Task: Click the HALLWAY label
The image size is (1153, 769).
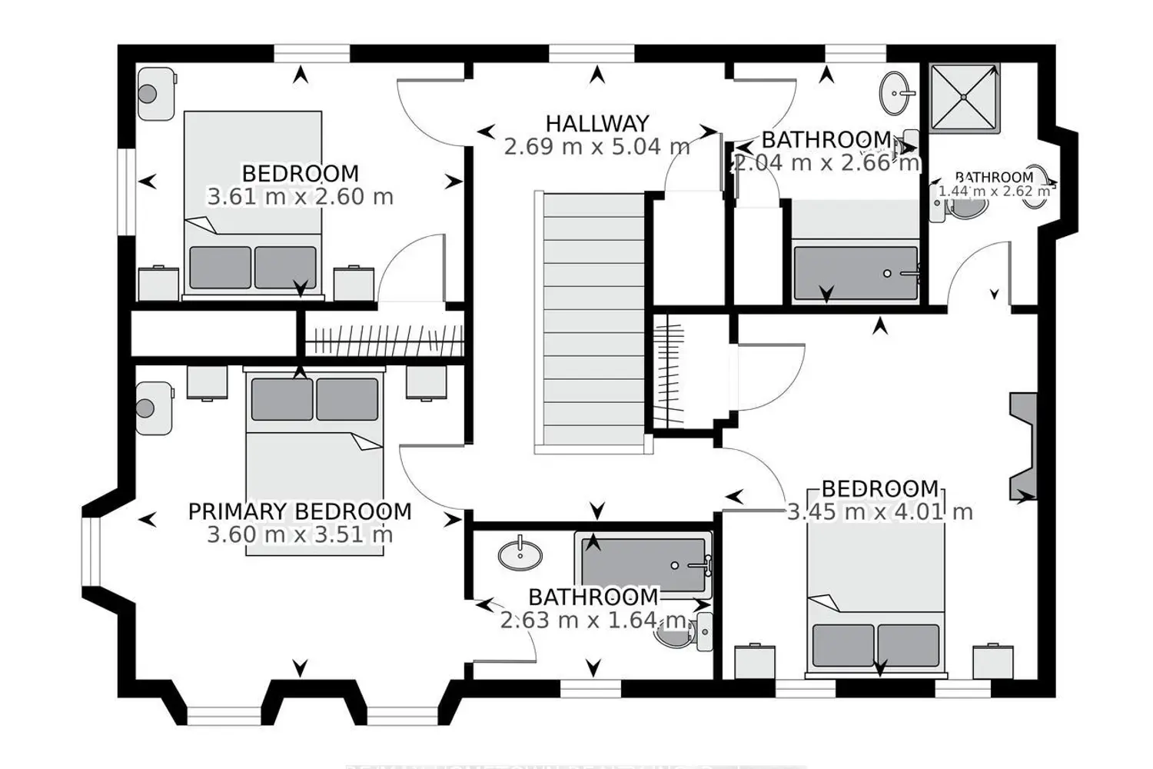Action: (x=597, y=123)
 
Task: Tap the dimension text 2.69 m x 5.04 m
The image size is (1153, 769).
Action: (x=597, y=146)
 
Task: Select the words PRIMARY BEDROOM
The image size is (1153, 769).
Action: (x=300, y=511)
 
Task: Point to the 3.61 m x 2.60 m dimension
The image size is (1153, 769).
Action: (x=300, y=197)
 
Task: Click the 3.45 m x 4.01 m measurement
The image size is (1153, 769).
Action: (x=880, y=511)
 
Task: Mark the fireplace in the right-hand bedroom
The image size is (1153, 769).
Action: (x=1023, y=446)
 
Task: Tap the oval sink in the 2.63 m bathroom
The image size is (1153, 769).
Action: (x=520, y=554)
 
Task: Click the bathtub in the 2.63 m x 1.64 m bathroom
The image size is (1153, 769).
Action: (x=643, y=565)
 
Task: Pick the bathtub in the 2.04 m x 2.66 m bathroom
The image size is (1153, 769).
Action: (x=856, y=273)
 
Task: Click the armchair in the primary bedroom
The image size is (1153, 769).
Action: (x=155, y=408)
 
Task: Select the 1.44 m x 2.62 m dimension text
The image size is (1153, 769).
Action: (x=994, y=191)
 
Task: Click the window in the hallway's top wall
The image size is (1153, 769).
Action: (x=592, y=53)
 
